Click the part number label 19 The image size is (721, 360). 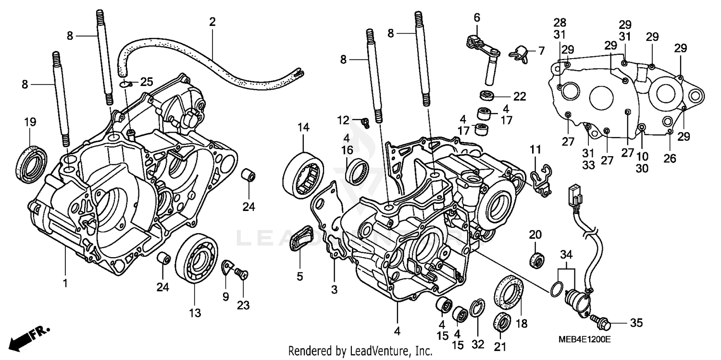coord(30,123)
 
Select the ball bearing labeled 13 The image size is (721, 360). coord(196,260)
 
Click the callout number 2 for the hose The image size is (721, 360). coord(212,22)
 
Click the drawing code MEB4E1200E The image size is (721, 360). coord(584,339)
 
